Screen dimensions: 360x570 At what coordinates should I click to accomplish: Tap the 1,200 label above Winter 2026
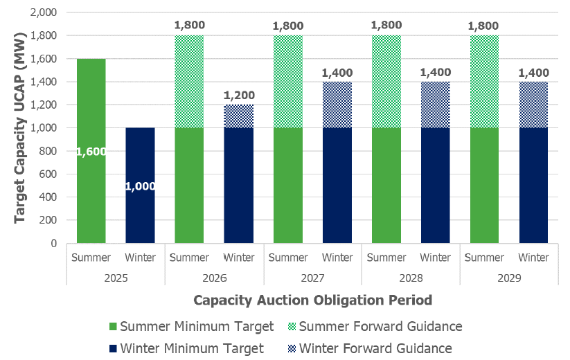click(x=238, y=95)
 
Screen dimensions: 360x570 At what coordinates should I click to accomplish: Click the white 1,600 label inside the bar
click(x=91, y=151)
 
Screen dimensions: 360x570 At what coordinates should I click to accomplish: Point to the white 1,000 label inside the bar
click(x=140, y=186)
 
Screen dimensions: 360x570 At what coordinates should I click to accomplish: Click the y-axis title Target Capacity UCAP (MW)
click(x=21, y=128)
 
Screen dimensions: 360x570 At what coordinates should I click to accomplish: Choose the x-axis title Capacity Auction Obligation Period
click(x=313, y=300)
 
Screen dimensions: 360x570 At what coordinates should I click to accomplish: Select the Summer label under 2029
click(x=484, y=258)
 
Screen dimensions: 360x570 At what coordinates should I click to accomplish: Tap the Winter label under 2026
click(x=238, y=258)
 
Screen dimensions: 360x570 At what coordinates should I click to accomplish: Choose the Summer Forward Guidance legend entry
click(x=380, y=326)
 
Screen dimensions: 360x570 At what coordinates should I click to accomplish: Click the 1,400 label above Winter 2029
click(x=533, y=72)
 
